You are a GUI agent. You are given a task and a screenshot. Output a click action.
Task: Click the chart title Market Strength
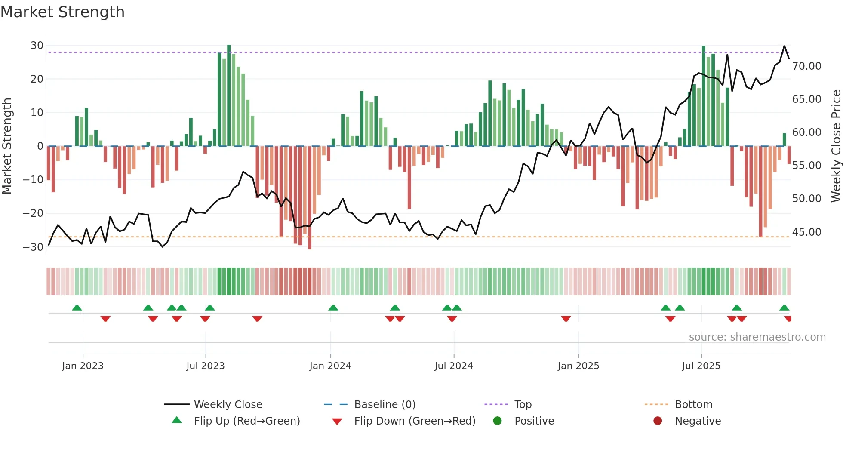click(x=62, y=12)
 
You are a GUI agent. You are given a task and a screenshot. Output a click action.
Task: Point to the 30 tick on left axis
click(x=37, y=46)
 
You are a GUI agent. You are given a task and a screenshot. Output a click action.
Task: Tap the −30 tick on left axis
click(x=33, y=247)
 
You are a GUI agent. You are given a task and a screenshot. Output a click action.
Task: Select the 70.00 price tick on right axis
click(x=806, y=66)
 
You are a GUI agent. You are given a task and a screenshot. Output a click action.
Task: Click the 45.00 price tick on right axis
click(x=806, y=232)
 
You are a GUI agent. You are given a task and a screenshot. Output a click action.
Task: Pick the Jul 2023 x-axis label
click(x=205, y=366)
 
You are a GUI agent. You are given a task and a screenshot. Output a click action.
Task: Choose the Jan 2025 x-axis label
click(x=578, y=366)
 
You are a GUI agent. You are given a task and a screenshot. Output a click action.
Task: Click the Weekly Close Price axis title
click(x=836, y=146)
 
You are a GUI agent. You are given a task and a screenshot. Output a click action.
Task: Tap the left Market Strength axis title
click(x=7, y=146)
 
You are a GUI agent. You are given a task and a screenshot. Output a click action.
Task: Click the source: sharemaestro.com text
click(x=757, y=337)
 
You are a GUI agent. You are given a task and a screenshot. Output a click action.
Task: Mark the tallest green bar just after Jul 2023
click(x=229, y=95)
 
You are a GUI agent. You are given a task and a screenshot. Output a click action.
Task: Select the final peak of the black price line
click(x=784, y=46)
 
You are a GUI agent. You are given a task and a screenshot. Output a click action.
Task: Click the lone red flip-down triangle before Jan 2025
click(x=566, y=319)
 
